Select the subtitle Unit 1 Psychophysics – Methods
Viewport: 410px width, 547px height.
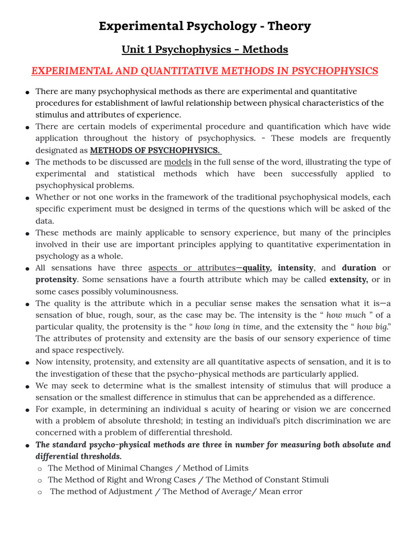[204, 50]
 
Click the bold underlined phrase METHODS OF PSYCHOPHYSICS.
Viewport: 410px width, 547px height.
[155, 150]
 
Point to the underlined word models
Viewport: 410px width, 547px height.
[178, 162]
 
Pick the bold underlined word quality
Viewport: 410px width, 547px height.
[256, 268]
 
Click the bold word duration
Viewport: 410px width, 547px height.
[359, 268]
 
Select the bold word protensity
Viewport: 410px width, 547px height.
[56, 279]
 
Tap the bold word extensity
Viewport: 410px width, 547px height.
[349, 279]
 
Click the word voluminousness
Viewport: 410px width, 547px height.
[148, 291]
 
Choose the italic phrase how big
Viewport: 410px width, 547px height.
[372, 326]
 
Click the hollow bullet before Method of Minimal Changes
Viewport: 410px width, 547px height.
[40, 468]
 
